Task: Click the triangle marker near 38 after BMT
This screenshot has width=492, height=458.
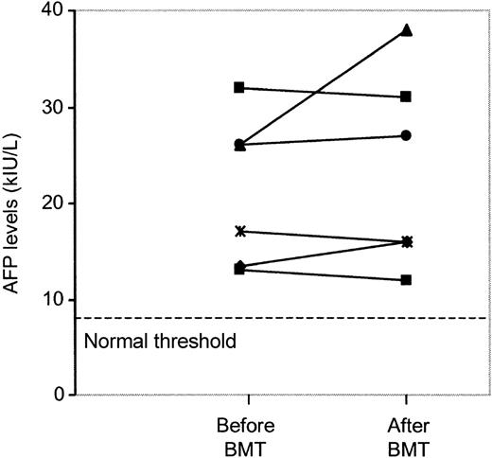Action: pyautogui.click(x=406, y=30)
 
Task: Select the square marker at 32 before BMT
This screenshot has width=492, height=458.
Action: pyautogui.click(x=239, y=87)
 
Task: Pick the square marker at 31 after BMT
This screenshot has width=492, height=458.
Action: pyautogui.click(x=406, y=97)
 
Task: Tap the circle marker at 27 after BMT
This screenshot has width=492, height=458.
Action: pyautogui.click(x=406, y=135)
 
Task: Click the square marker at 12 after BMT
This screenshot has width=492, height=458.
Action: pyautogui.click(x=406, y=280)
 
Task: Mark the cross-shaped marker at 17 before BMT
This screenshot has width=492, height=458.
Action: pyautogui.click(x=239, y=231)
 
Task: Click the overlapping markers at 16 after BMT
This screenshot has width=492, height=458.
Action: pyautogui.click(x=406, y=241)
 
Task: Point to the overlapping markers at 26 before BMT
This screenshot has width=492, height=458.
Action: pyautogui.click(x=239, y=145)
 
